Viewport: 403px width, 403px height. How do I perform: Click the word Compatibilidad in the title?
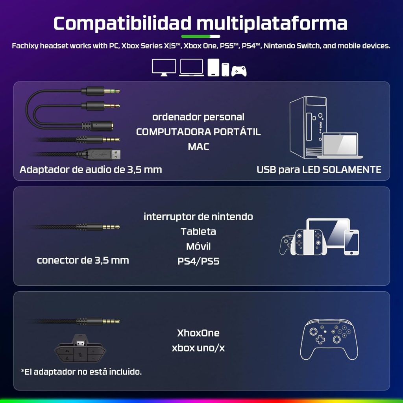click(122, 23)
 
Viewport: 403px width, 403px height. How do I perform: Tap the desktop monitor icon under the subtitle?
click(164, 67)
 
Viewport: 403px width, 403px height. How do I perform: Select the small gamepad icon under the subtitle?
click(239, 71)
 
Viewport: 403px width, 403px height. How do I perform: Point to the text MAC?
click(198, 147)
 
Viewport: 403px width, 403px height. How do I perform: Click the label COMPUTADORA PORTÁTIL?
click(198, 132)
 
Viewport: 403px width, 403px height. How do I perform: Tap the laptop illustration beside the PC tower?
click(340, 145)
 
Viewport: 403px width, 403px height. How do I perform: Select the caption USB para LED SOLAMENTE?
click(319, 170)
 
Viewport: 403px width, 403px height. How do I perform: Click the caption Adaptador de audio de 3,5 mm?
click(91, 170)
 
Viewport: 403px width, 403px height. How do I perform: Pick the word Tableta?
click(198, 231)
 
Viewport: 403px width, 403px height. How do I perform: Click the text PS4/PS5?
click(198, 261)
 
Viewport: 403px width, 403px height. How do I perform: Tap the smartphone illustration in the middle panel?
click(351, 242)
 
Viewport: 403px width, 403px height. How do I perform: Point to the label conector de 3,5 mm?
click(83, 261)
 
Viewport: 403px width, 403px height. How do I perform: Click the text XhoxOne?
click(198, 333)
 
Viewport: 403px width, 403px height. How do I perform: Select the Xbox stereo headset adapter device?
click(80, 348)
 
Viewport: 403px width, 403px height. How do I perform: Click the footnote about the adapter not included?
click(81, 372)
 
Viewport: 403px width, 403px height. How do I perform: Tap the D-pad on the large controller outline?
click(320, 340)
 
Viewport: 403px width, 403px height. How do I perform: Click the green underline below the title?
click(201, 37)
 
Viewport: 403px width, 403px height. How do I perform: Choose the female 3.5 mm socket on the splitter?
click(98, 126)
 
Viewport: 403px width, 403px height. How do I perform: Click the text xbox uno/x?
click(198, 348)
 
